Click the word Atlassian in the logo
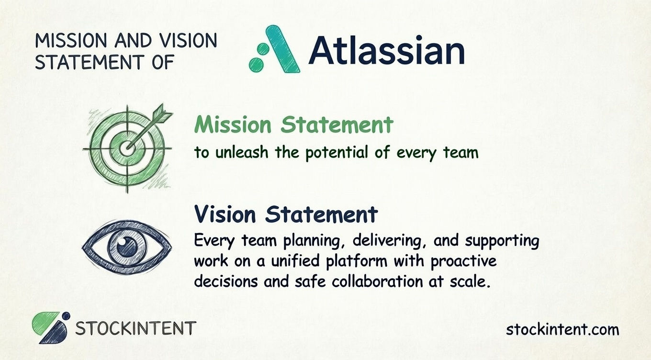coord(386,52)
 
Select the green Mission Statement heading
coord(293,125)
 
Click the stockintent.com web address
coord(562,329)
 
